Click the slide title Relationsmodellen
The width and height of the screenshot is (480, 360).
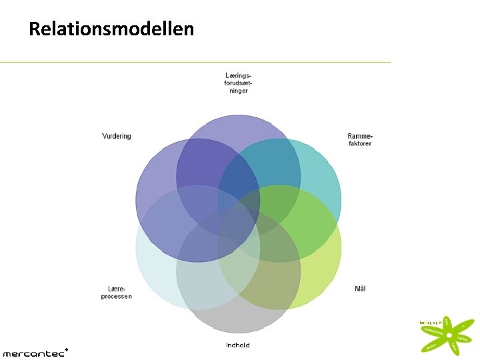[x=111, y=29]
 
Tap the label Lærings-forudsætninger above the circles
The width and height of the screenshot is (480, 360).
[x=238, y=83]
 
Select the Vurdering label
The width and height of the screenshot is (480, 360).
[x=117, y=136]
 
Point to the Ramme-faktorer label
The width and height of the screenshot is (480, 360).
[x=359, y=140]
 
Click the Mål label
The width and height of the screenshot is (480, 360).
[x=360, y=289]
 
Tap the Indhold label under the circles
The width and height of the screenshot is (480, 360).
[x=238, y=345]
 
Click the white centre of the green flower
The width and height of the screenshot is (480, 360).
[x=449, y=335]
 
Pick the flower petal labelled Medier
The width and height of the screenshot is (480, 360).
[x=433, y=346]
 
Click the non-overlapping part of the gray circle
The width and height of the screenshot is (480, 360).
[x=238, y=320]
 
